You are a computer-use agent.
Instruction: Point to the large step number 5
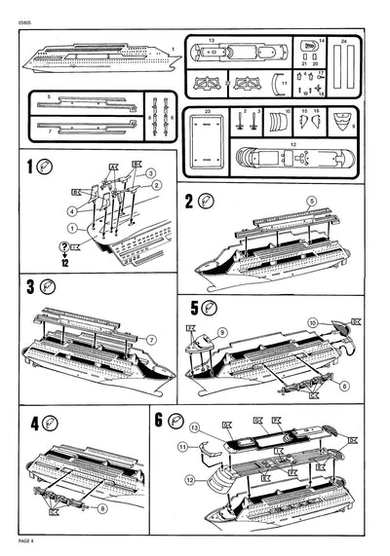click(x=194, y=309)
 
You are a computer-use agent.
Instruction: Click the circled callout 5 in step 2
click(x=312, y=201)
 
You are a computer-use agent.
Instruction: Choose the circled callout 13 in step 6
click(x=194, y=426)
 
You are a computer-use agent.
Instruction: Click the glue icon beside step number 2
click(x=206, y=202)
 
